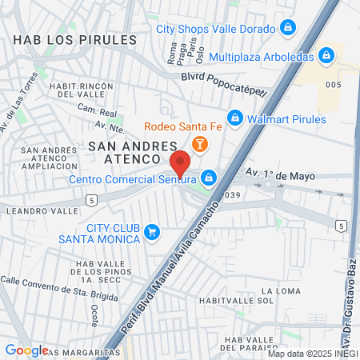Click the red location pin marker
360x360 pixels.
click(180, 162)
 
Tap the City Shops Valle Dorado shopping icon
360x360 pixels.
click(289, 28)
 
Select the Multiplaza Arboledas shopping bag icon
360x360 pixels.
click(326, 56)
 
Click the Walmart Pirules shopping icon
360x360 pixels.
click(234, 118)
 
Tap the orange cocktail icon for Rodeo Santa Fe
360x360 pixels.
click(199, 144)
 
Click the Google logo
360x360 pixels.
click(26, 350)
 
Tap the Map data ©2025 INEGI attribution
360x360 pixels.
click(313, 354)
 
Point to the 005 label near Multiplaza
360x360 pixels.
click(334, 85)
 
